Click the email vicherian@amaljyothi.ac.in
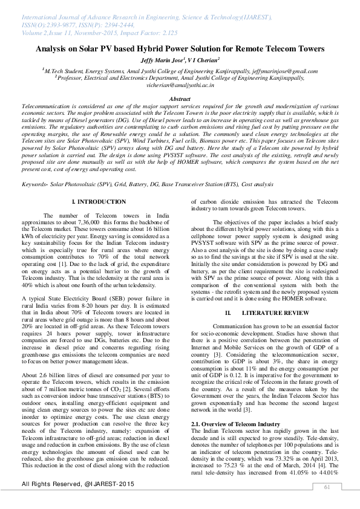tap(180, 86)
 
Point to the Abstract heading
tap(180, 99)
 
